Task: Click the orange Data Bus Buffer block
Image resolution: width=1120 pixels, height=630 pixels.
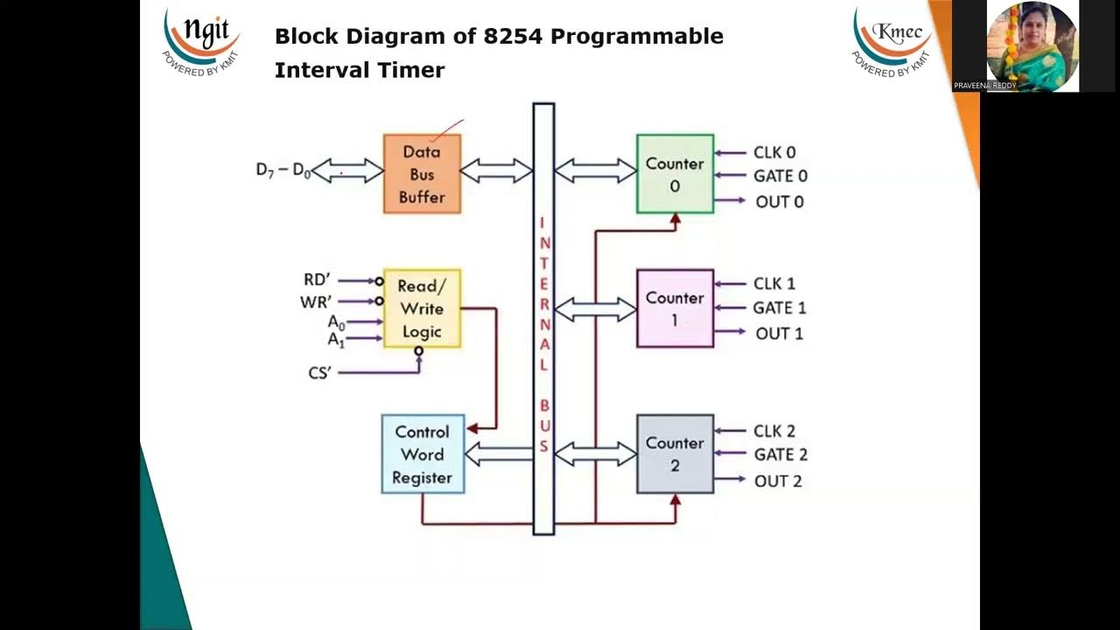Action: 422,174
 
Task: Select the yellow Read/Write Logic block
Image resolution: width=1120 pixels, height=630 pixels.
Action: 422,309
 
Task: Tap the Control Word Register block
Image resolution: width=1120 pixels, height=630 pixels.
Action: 423,454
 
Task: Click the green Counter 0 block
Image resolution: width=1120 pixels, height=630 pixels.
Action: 675,174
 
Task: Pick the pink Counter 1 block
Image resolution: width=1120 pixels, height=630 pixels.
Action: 675,309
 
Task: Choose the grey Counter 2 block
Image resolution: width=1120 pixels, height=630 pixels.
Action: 675,454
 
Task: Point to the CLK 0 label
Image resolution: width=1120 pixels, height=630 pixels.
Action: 774,152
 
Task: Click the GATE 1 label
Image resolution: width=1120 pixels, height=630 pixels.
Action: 779,308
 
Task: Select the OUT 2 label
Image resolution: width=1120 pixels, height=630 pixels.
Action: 778,480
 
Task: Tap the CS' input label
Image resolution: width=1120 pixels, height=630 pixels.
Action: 320,373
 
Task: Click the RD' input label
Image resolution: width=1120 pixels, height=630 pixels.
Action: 317,280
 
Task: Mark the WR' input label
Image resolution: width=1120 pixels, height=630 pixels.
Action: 316,302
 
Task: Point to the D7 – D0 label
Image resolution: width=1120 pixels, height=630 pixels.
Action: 283,170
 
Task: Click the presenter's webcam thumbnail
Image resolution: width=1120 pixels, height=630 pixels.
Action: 1032,45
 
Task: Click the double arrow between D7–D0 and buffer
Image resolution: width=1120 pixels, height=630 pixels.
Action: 347,171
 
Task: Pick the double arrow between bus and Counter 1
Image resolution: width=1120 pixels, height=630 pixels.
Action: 595,309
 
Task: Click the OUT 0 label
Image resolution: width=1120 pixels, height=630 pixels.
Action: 779,201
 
